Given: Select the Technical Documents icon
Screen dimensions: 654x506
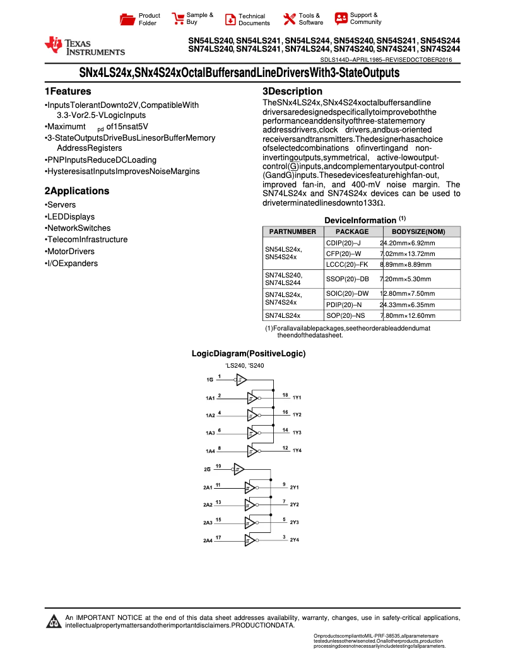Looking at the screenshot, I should coord(230,19).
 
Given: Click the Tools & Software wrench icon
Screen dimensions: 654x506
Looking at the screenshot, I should coord(290,19).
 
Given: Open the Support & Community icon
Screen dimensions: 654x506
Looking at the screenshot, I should coord(341,18).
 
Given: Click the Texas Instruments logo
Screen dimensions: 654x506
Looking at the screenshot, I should coord(85,46).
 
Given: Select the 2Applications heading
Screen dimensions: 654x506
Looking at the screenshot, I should coord(76,191).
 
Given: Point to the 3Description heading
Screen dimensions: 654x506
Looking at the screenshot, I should coord(292,91).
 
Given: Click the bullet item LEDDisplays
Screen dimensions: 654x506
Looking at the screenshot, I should coord(70,216).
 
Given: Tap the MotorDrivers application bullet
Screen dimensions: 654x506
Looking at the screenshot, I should coord(70,251).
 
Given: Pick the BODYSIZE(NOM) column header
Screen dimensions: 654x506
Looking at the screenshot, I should coord(418,231).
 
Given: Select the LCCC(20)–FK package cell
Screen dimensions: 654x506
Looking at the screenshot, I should coord(347,264).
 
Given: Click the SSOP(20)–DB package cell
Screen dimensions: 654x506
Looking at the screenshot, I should coord(348,278).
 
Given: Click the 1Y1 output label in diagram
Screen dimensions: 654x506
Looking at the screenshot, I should coord(297,398).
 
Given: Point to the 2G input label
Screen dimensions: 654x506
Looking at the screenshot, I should coord(207,470).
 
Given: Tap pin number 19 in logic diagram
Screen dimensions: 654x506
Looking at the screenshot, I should coord(218,465).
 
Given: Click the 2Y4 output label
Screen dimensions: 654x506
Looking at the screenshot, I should coord(294,540).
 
